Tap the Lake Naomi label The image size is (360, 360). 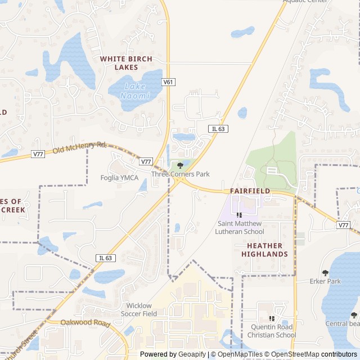135,91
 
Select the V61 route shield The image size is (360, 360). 168,82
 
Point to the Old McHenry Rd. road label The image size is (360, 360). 80,148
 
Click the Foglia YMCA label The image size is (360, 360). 120,178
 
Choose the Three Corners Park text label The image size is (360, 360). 180,174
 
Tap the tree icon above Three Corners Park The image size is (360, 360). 180,165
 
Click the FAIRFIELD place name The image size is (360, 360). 250,191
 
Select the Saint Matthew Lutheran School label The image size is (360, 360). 241,227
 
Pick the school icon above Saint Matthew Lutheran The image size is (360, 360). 240,215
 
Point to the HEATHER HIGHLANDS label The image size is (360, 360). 264,250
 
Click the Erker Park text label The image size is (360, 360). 325,281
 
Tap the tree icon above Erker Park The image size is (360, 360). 325,272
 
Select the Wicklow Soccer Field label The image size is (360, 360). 142,309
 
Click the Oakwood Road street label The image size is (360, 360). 85,323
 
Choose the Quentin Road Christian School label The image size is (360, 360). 272,331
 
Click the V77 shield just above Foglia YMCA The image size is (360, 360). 146,161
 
